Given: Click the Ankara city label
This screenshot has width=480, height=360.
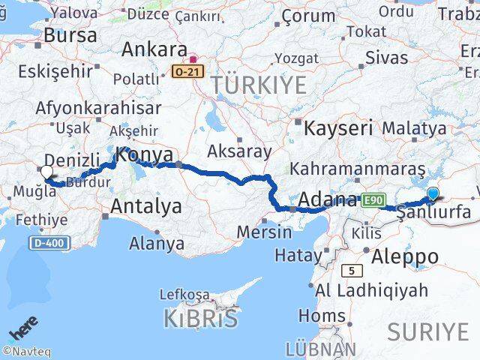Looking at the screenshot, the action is click(x=154, y=49).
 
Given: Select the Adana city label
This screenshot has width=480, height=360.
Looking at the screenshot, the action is click(x=328, y=199).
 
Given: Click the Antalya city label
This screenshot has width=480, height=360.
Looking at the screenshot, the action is click(x=146, y=206).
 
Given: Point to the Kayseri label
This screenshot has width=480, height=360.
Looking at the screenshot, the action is click(x=338, y=127).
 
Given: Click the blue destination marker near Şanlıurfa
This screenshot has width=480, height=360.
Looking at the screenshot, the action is click(x=433, y=194).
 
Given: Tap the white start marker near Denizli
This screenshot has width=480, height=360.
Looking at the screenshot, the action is click(x=47, y=172).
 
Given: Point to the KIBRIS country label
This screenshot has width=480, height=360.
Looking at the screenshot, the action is click(x=201, y=319).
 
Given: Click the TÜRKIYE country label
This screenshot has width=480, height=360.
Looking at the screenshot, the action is click(x=259, y=85).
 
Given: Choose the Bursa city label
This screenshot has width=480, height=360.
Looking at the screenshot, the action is click(x=70, y=34).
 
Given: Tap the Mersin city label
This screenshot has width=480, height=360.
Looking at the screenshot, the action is click(x=263, y=232).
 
